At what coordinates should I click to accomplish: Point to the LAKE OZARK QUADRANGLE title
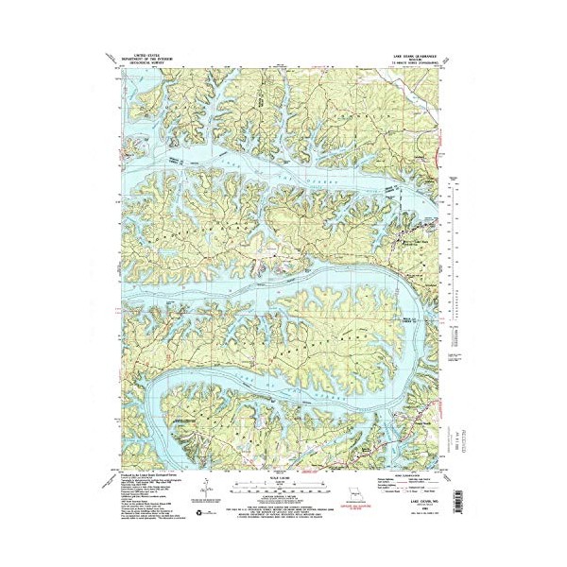413,57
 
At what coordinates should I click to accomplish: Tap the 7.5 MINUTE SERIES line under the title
413,65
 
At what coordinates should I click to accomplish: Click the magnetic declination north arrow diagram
207,489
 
